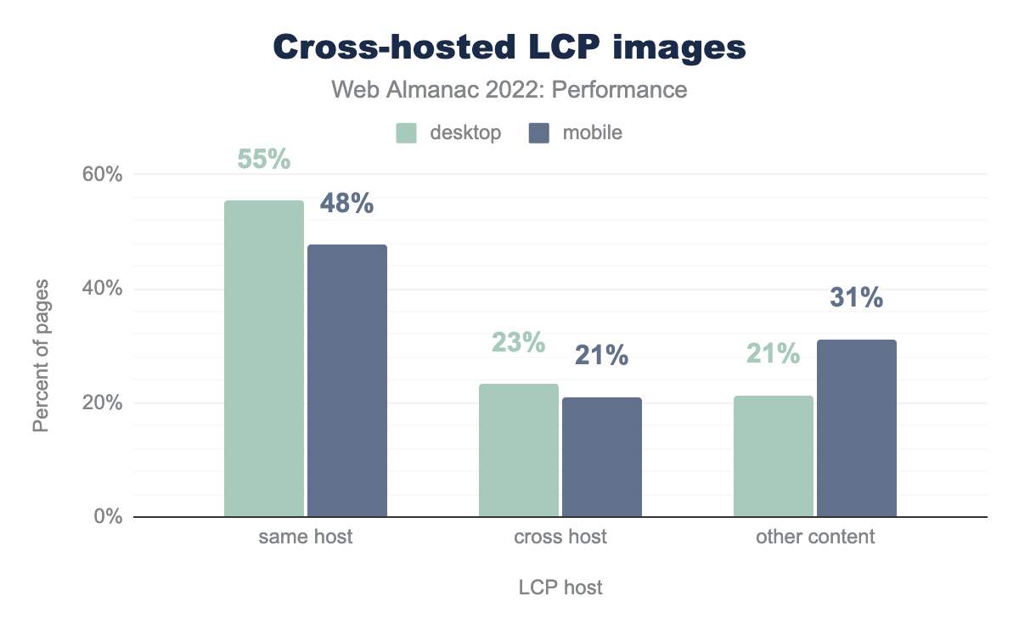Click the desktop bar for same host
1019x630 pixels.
click(x=264, y=358)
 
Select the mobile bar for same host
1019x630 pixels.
click(x=347, y=380)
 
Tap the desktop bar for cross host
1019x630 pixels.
click(x=519, y=450)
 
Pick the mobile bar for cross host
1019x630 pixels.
click(x=602, y=457)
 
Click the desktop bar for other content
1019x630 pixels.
click(x=774, y=456)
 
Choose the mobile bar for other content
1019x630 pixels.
click(x=857, y=428)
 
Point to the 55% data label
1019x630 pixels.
click(x=263, y=159)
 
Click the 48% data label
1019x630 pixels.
click(x=346, y=204)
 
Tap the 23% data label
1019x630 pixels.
click(x=518, y=342)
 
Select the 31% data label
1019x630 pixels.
click(x=856, y=298)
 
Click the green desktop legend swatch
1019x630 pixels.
click(x=406, y=133)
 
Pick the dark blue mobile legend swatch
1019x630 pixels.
click(x=539, y=133)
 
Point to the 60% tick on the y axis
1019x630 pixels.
click(x=103, y=175)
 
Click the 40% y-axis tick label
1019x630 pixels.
click(x=103, y=289)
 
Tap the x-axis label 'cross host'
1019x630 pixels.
click(x=560, y=537)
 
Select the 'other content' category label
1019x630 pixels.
click(x=815, y=537)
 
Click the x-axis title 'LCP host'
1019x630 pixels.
click(x=560, y=588)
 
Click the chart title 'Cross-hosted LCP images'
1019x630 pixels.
click(x=509, y=48)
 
